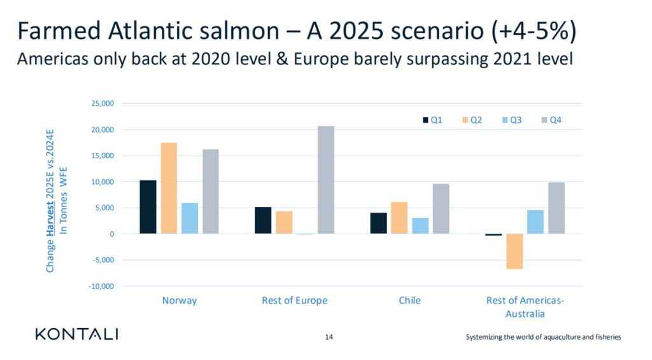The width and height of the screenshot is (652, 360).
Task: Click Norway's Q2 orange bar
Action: pos(169,188)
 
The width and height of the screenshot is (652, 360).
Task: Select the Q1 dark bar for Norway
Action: pos(148,207)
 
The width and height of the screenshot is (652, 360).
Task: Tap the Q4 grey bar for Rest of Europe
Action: pos(326,180)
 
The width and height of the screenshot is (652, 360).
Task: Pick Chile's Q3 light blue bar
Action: pos(420,226)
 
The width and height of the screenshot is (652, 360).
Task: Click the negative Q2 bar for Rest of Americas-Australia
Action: pos(514,251)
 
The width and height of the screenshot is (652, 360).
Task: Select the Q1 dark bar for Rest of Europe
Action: pos(263,220)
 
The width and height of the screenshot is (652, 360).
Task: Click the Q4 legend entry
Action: pos(550,120)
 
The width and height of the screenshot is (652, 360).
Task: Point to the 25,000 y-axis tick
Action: pos(103,103)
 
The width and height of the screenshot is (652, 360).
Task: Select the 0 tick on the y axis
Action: pos(111,234)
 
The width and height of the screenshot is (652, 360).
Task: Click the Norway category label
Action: pos(180,300)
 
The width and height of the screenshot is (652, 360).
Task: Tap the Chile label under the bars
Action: pos(410,300)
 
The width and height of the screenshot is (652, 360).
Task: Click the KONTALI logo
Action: pos(77,335)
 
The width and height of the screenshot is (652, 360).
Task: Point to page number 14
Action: pos(329,336)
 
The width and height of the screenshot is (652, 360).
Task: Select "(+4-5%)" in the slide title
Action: pos(533,31)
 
